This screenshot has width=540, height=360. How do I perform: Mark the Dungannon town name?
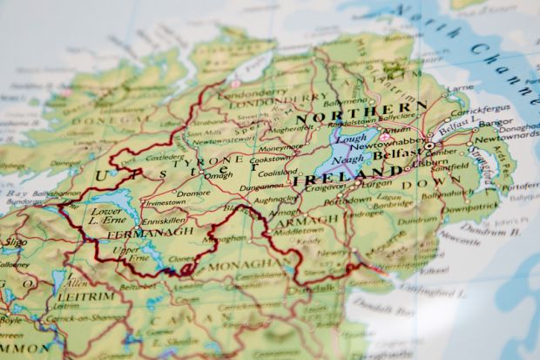[261, 187]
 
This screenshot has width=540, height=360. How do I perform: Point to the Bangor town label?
[495, 122]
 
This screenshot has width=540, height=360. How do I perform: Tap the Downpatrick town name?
[471, 207]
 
